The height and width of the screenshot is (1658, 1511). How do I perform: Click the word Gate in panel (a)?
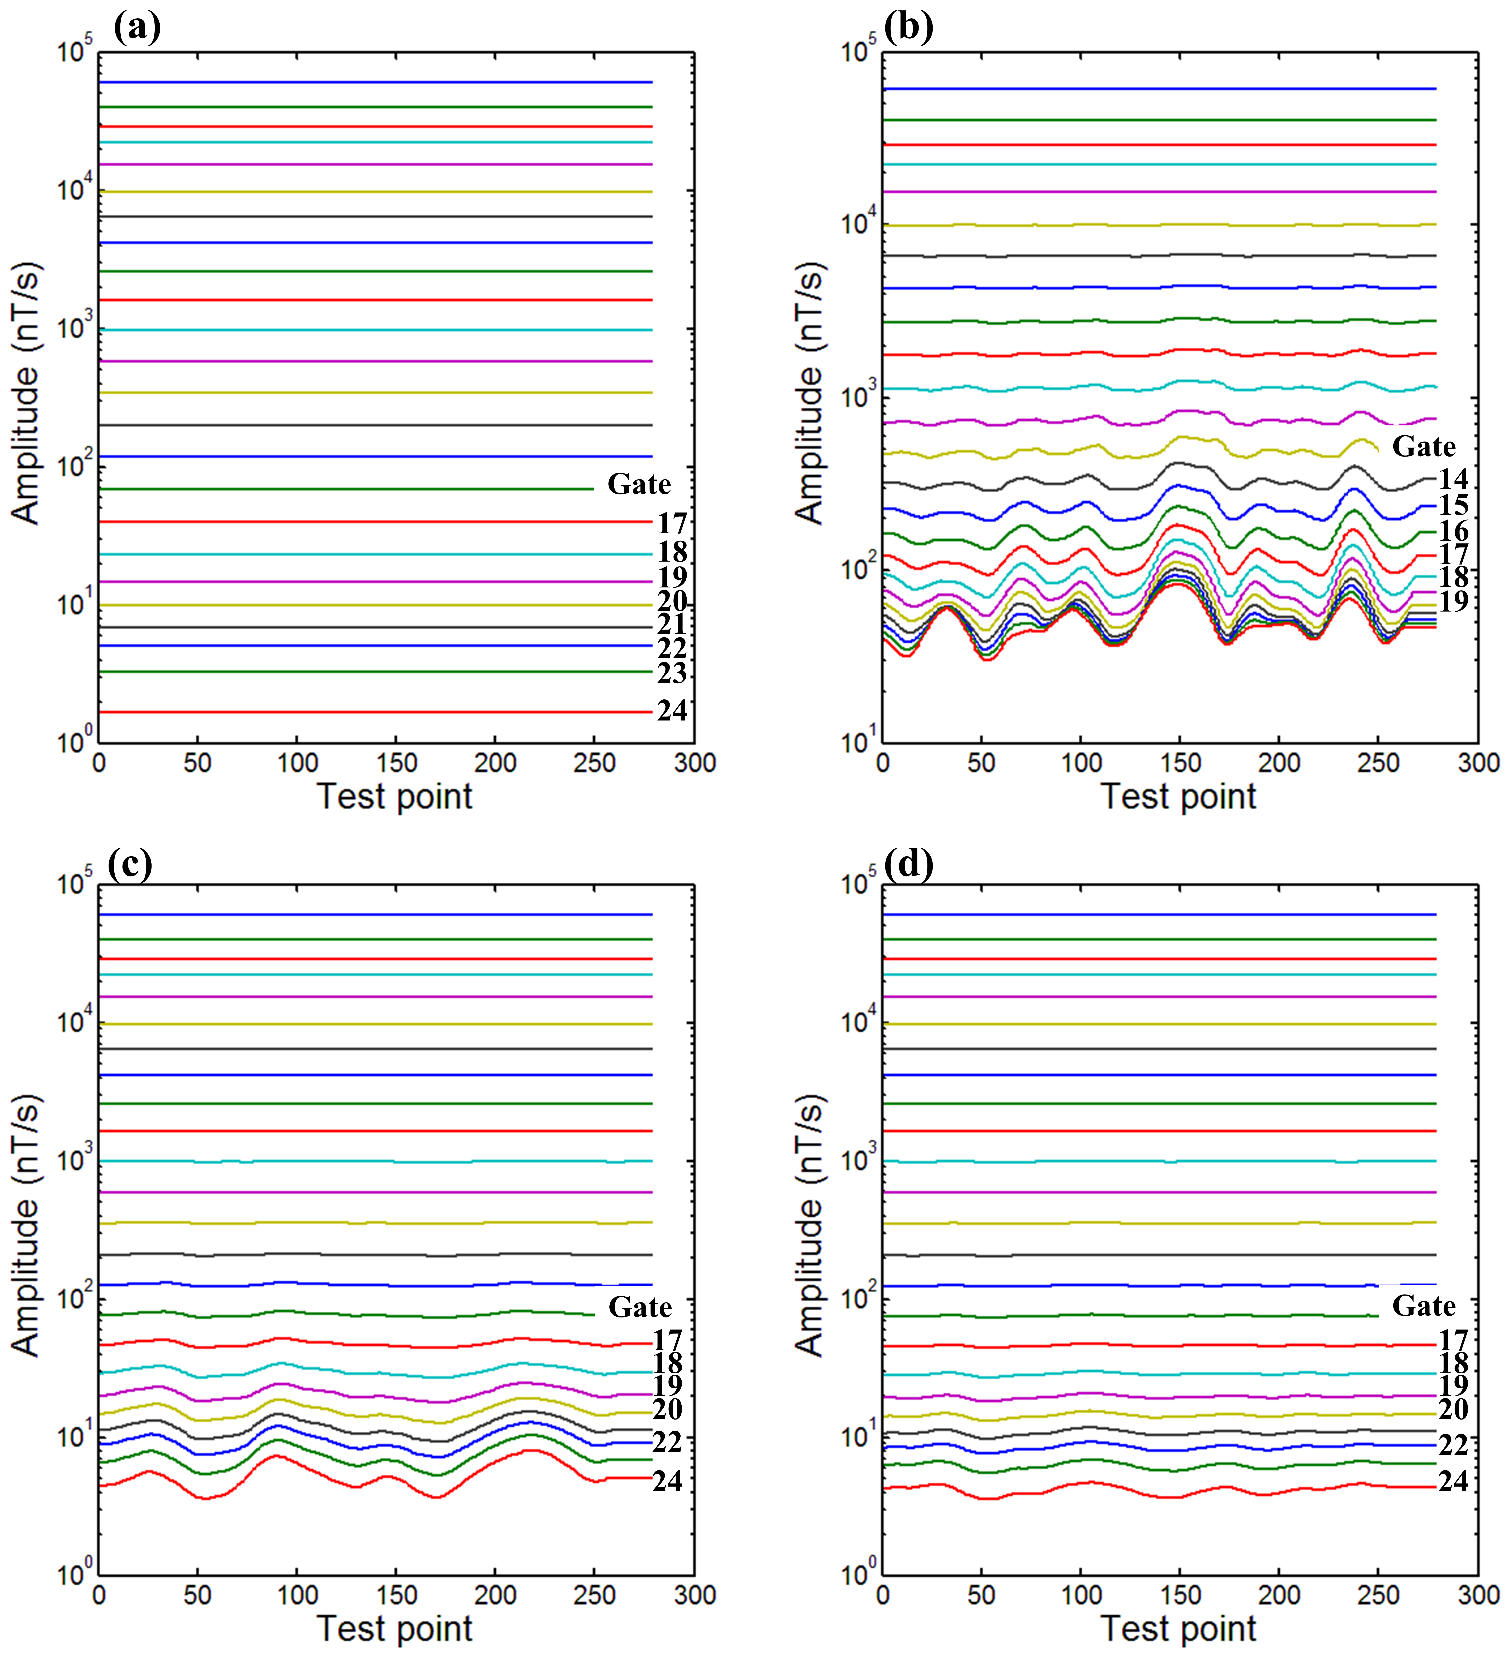(x=639, y=485)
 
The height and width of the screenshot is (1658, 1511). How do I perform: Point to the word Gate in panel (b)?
(x=1424, y=447)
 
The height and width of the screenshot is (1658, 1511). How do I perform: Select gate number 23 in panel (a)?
(x=672, y=674)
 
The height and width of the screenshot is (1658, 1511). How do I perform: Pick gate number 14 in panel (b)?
(x=1453, y=479)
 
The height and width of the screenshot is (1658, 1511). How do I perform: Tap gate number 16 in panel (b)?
(x=1453, y=531)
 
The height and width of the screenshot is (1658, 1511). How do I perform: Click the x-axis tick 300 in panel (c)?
(x=695, y=1595)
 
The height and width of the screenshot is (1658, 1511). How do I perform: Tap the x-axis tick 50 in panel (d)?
(x=981, y=1595)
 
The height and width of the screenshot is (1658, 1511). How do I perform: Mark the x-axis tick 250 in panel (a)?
(x=594, y=763)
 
